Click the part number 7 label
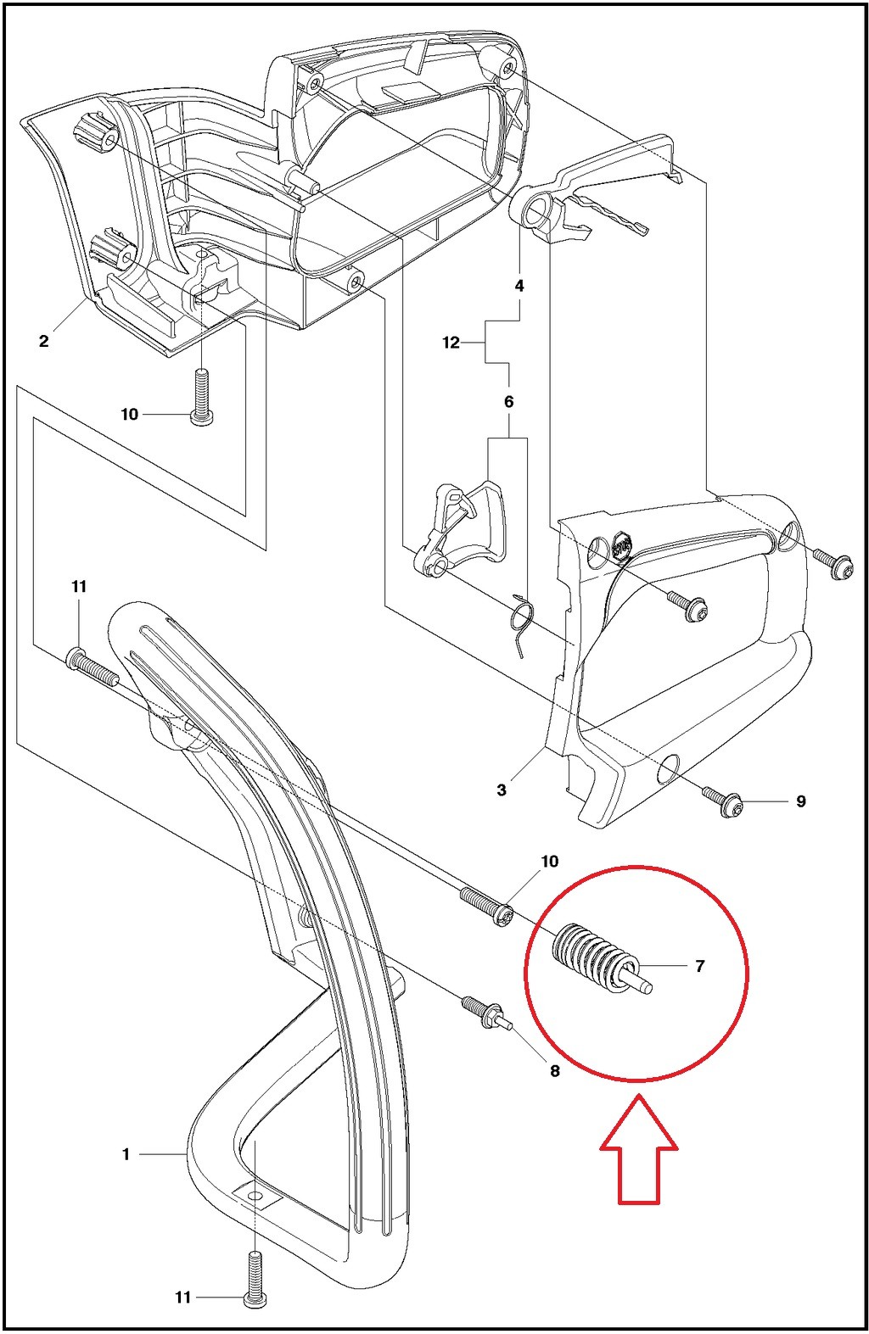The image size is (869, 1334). (699, 965)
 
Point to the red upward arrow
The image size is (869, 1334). (638, 1149)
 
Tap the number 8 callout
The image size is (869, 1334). (555, 1071)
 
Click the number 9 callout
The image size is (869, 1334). (800, 801)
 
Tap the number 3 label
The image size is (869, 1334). (502, 790)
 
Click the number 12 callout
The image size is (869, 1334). (451, 343)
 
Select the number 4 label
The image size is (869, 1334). (519, 286)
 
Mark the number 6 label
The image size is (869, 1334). (508, 401)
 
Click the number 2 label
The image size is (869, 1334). (43, 341)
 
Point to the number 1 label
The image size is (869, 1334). (126, 1154)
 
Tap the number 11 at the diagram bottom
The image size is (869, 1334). (183, 1297)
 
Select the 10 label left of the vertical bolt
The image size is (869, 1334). (129, 414)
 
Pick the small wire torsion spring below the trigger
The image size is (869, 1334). (521, 623)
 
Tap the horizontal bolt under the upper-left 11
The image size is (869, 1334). (92, 666)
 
